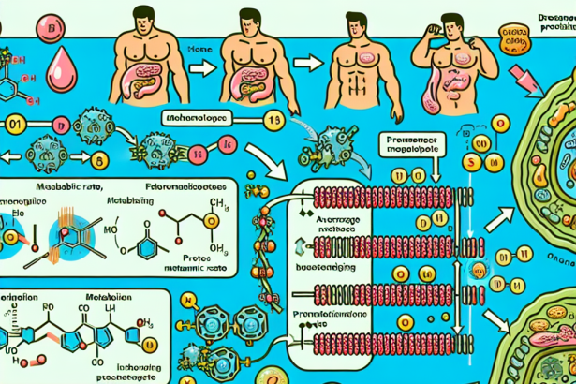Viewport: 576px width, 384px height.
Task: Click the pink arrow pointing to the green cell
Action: pos(519,75)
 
